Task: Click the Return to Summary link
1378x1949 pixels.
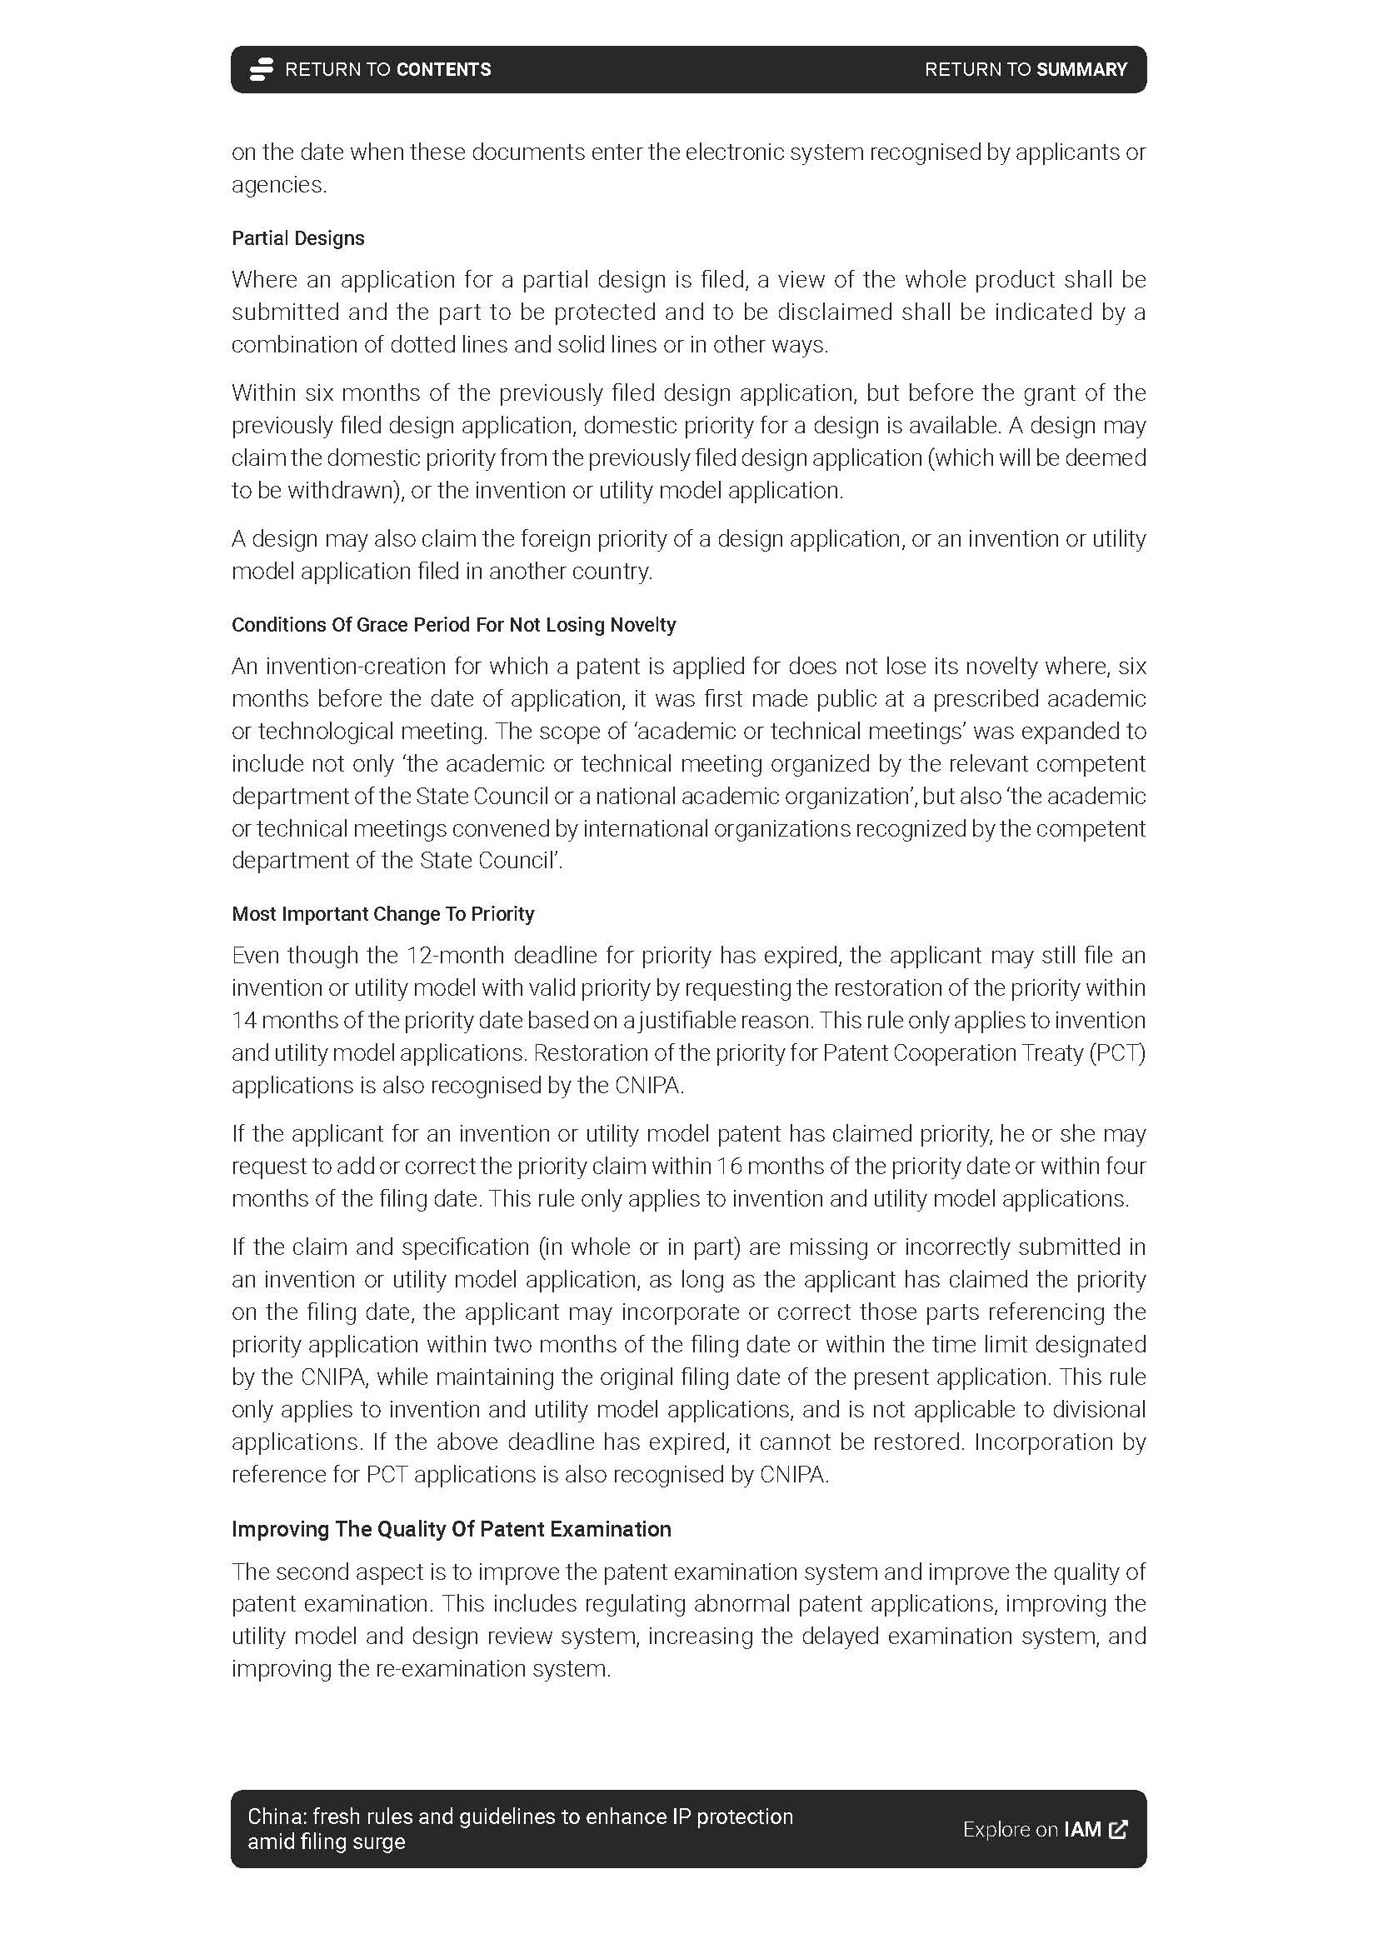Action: tap(1025, 70)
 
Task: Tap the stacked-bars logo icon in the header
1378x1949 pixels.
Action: tap(261, 70)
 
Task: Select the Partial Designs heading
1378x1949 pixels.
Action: tap(297, 238)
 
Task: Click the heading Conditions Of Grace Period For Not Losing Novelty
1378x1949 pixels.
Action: tap(454, 625)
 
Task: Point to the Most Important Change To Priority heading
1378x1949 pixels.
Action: tap(382, 914)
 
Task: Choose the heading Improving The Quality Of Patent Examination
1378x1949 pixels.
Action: tap(452, 1529)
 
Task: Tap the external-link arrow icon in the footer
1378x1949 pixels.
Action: tap(1118, 1829)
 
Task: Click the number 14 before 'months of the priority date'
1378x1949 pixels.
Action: tap(243, 1021)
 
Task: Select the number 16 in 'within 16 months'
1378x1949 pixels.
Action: tap(729, 1167)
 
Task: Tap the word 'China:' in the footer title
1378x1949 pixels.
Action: tap(277, 1817)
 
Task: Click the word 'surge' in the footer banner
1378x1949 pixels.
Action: tap(382, 1842)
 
